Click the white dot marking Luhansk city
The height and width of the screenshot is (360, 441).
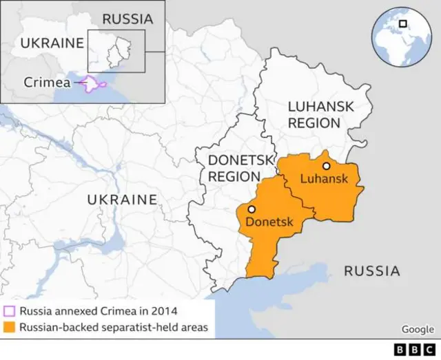326,166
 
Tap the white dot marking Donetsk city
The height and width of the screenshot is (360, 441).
252,209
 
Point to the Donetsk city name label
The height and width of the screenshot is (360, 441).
269,222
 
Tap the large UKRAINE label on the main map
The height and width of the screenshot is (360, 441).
122,200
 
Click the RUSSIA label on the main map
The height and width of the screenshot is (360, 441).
372,271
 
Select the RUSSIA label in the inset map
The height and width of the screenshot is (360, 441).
127,19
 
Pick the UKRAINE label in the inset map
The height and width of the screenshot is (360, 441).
52,43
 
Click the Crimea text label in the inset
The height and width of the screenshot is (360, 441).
47,82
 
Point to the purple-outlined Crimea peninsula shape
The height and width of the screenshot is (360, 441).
93,84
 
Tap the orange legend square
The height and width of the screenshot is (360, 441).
9,326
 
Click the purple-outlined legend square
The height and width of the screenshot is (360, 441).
9,310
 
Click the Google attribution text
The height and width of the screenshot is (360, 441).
418,330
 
